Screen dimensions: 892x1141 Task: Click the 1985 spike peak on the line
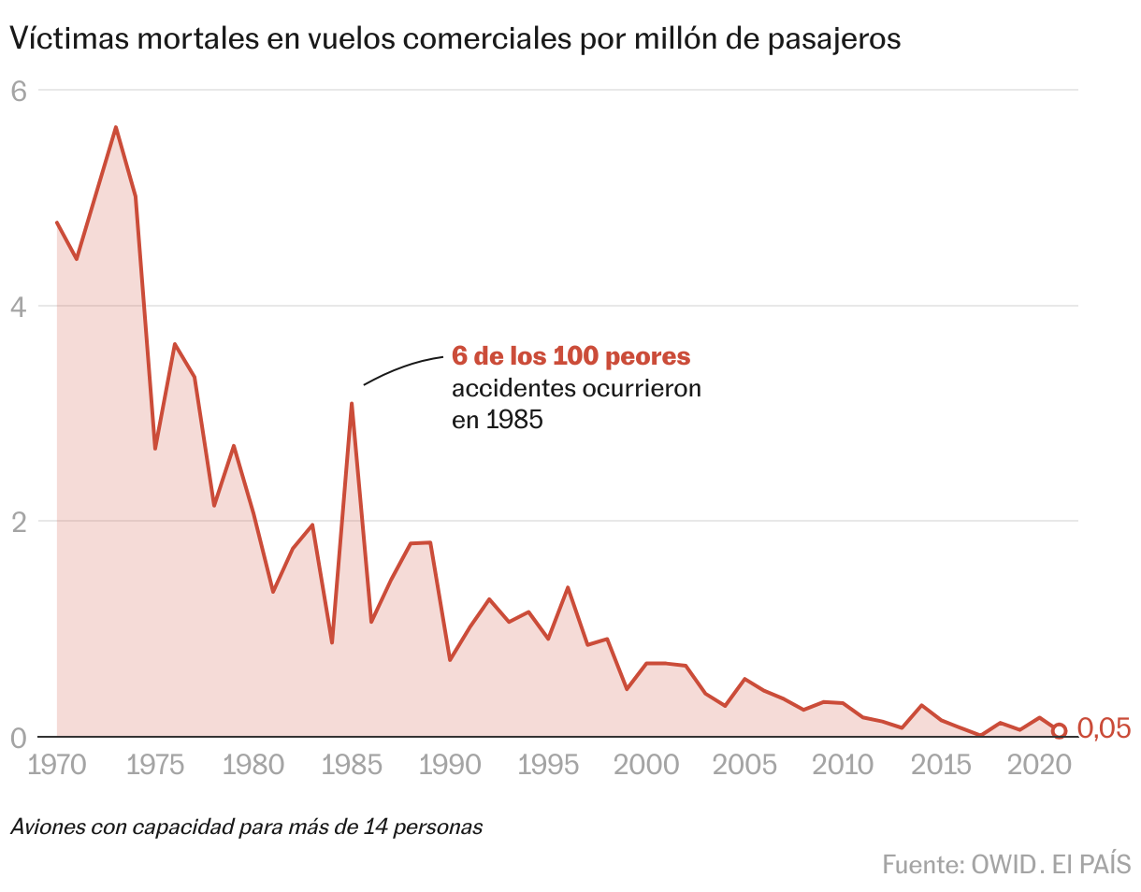tap(352, 404)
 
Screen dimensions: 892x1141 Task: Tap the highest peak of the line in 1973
tap(116, 127)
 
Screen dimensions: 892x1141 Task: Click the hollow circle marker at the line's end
tap(1059, 731)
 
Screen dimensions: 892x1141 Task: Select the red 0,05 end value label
tap(1104, 728)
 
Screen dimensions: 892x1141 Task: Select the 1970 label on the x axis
tap(58, 765)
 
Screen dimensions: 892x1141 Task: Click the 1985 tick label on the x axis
tap(352, 765)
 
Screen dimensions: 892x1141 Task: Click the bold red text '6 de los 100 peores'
tap(570, 356)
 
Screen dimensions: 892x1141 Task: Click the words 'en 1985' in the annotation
tap(497, 421)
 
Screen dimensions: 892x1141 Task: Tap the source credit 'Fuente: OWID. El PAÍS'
tap(1005, 864)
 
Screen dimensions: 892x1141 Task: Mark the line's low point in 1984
tap(332, 642)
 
